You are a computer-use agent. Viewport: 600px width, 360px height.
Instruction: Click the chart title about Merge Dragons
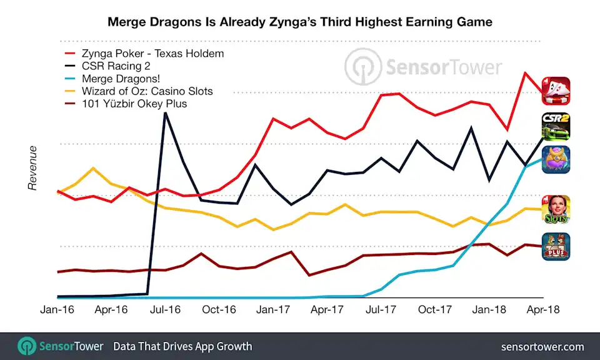click(x=300, y=22)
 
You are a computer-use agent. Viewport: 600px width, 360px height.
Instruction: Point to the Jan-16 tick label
click(x=57, y=309)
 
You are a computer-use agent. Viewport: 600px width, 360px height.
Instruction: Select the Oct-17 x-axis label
click(x=435, y=309)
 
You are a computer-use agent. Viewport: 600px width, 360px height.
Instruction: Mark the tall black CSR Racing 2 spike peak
click(x=165, y=114)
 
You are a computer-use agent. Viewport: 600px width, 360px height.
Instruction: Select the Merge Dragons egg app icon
click(x=555, y=160)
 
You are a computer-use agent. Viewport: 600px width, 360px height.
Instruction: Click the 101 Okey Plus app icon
click(x=555, y=246)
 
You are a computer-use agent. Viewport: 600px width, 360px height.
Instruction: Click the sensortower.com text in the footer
click(x=542, y=346)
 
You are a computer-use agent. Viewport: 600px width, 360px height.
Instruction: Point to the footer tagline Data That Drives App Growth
click(x=182, y=346)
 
